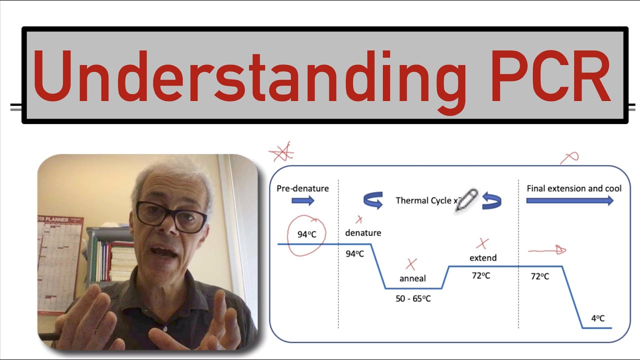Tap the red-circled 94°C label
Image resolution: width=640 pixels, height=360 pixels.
(x=306, y=234)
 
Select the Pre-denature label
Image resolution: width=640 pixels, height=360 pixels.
(x=302, y=188)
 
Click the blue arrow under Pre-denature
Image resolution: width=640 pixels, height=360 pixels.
(x=302, y=200)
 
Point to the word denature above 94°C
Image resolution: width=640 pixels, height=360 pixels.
(x=363, y=232)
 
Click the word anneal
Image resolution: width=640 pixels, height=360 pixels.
(x=412, y=278)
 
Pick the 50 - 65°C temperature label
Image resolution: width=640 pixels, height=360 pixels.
(x=412, y=298)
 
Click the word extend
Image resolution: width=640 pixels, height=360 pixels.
(x=483, y=258)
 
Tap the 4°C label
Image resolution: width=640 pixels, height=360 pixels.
(x=598, y=318)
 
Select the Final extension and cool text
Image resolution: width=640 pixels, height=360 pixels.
(x=574, y=188)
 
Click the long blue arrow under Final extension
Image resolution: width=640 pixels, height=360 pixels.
(x=569, y=200)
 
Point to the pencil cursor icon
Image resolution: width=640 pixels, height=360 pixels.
(x=466, y=200)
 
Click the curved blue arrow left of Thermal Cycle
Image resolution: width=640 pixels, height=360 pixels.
(x=373, y=200)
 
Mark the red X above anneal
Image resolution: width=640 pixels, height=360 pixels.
(x=411, y=264)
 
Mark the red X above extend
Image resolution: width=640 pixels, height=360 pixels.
(x=482, y=243)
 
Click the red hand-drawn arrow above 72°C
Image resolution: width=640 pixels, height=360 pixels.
(x=547, y=250)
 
